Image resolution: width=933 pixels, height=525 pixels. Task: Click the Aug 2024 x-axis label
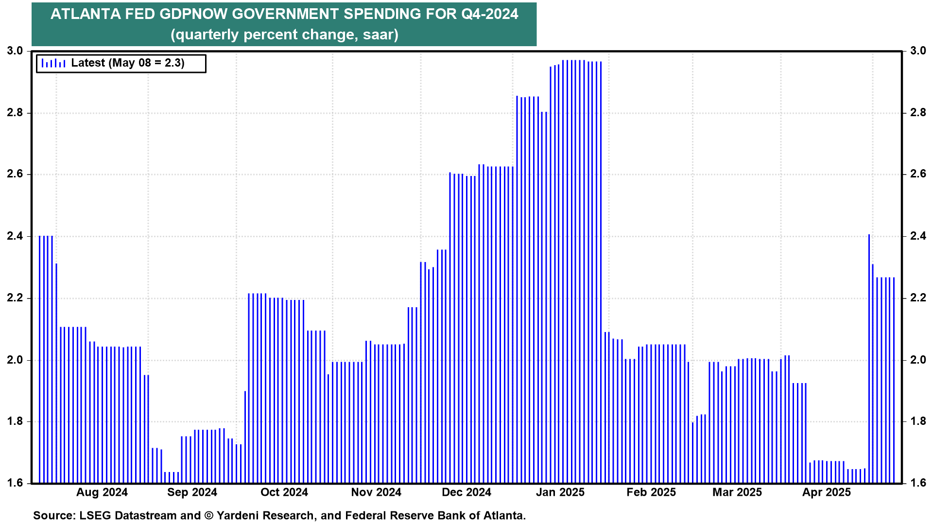[102, 492]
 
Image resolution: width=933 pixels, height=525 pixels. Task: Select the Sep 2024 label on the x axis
[192, 492]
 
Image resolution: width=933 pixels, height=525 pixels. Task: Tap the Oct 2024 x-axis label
[284, 492]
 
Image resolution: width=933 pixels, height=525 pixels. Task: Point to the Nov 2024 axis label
[376, 492]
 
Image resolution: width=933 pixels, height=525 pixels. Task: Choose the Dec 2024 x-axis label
[466, 492]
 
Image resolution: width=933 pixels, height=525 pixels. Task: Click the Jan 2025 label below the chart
[560, 492]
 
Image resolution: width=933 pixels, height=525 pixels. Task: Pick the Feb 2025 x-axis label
[651, 492]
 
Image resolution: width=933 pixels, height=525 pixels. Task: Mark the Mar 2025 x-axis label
[737, 492]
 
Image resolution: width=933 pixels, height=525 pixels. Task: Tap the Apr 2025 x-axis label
[827, 492]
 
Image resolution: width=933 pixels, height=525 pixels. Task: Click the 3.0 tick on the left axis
[15, 51]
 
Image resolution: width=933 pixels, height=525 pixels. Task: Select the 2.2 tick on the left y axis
[15, 298]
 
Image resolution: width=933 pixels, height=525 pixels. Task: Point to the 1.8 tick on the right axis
[918, 421]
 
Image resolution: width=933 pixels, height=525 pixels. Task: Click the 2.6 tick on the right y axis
[918, 174]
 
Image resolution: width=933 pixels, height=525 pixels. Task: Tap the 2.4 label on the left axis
[15, 236]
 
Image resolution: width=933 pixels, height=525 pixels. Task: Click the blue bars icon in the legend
[53, 63]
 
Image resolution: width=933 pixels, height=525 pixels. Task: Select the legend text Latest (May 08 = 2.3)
[128, 63]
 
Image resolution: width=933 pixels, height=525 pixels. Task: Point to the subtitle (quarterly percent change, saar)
[284, 35]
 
